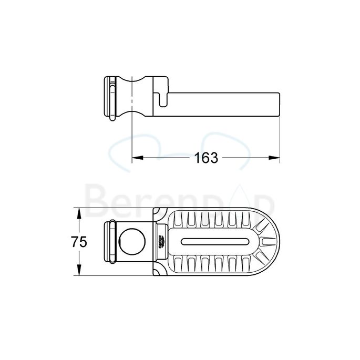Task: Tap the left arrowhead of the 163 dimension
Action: point(135,158)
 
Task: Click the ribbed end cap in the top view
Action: point(111,242)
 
